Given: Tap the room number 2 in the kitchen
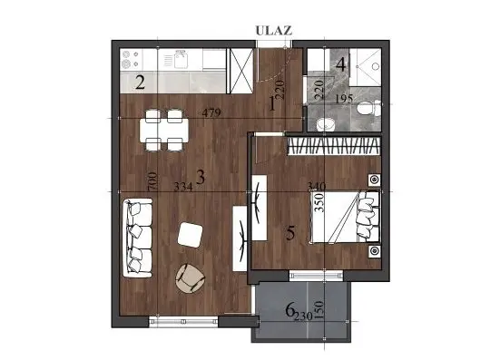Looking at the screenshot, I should (141, 84).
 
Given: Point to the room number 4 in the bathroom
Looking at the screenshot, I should (341, 65).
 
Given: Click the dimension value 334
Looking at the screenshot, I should (183, 187).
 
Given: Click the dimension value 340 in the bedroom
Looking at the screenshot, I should (317, 187).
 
